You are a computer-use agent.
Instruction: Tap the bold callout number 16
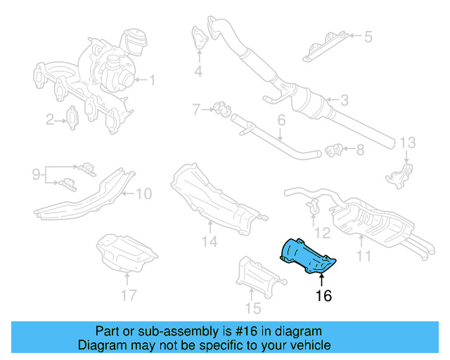coord(323,295)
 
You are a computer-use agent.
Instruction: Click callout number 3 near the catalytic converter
coord(344,101)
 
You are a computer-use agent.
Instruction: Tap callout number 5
coord(368,35)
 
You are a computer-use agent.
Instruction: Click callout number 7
coord(197,109)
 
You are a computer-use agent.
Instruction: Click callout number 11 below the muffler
coord(364,256)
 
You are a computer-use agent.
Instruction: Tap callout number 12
coord(321,231)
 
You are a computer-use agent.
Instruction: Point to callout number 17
coord(127,295)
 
